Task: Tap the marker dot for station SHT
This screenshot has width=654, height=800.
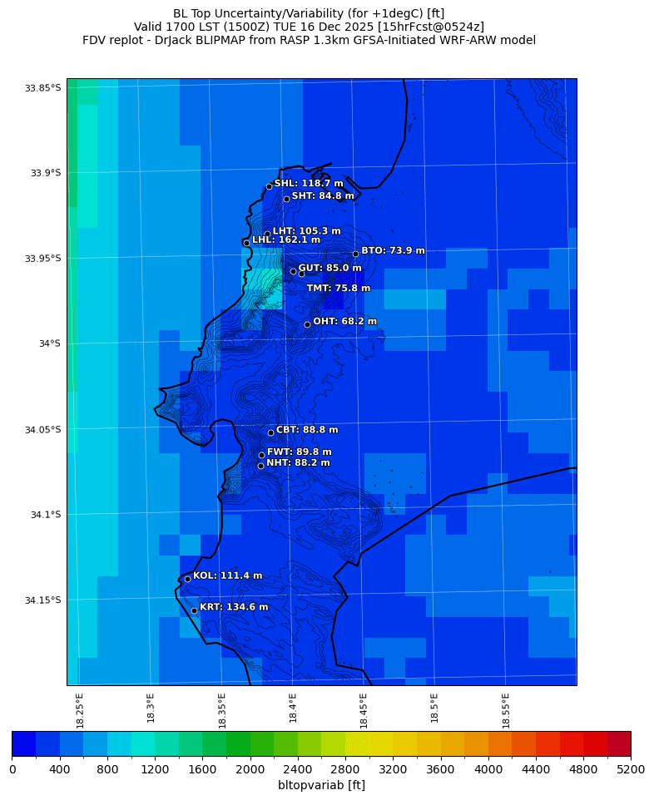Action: [x=286, y=199]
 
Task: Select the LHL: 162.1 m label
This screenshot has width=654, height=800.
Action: [x=286, y=240]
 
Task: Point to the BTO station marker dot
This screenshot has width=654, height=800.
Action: [x=355, y=254]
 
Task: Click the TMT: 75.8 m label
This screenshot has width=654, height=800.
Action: [x=339, y=289]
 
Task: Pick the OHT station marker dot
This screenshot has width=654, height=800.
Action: [x=307, y=324]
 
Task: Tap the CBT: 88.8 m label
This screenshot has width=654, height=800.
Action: [x=307, y=430]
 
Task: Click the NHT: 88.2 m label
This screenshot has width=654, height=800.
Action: [x=298, y=462]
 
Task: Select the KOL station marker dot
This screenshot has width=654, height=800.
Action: [x=187, y=579]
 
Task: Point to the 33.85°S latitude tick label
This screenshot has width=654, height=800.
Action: [x=42, y=88]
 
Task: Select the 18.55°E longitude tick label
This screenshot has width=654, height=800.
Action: [x=507, y=709]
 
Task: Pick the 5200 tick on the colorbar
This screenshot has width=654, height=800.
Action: [x=630, y=769]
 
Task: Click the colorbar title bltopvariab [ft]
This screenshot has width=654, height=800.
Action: [x=321, y=785]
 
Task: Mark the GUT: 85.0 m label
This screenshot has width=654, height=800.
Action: [x=329, y=268]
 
